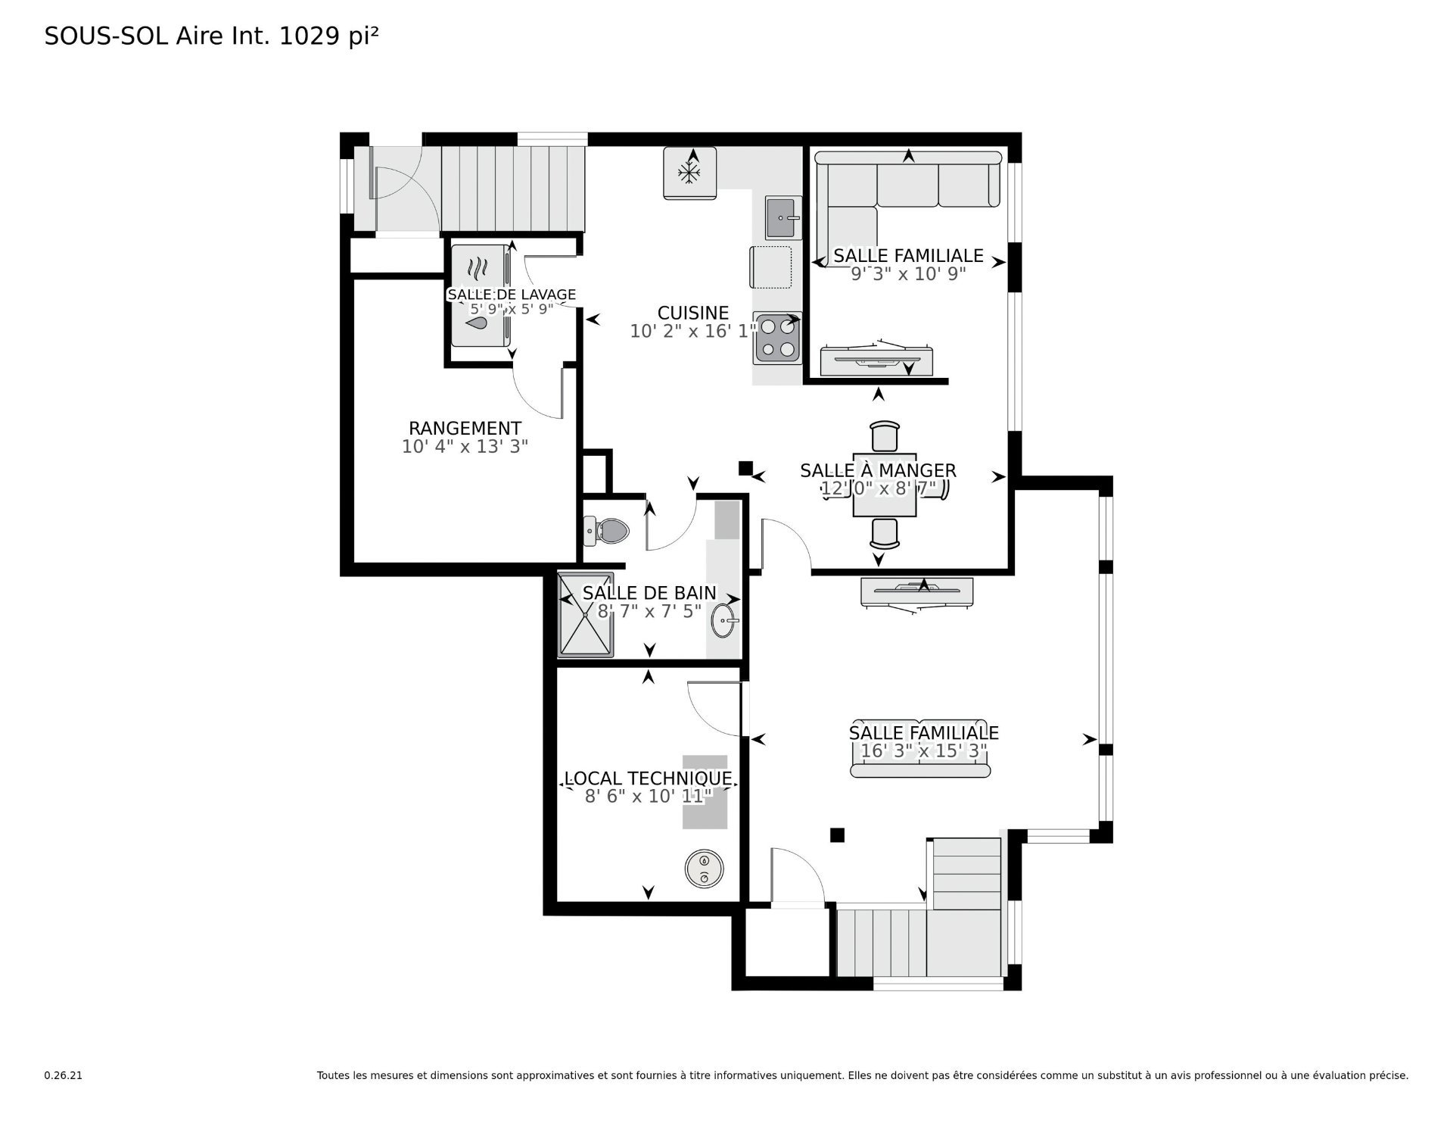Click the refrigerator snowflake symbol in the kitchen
(x=689, y=173)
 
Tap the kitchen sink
(x=783, y=217)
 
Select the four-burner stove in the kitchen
(x=777, y=338)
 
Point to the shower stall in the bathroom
(x=586, y=615)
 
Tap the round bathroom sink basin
(x=723, y=622)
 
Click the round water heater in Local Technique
(x=704, y=869)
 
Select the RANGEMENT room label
(x=465, y=428)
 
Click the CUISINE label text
(x=693, y=313)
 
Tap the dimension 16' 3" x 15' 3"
(x=924, y=751)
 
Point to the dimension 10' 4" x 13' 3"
(x=465, y=447)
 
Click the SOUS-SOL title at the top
(x=106, y=36)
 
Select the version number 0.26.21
(x=63, y=1075)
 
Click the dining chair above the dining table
(x=885, y=437)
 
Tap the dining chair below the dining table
(x=885, y=533)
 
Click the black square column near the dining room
(x=745, y=469)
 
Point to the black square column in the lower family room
(x=837, y=835)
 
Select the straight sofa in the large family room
(x=920, y=748)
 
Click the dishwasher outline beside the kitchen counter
(x=771, y=267)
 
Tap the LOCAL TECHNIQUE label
(x=649, y=778)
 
